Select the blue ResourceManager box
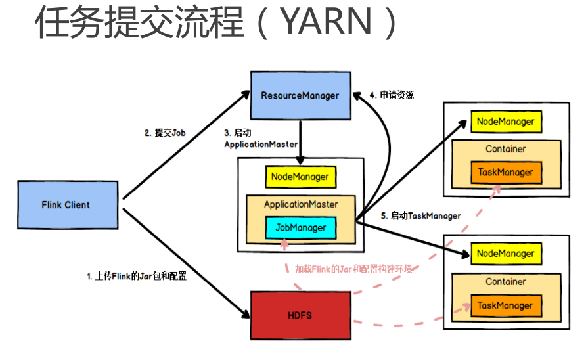click(300, 95)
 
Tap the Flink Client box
click(66, 205)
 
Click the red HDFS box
click(300, 315)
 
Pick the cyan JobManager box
click(300, 228)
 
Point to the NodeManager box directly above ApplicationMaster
click(300, 176)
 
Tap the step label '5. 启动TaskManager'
click(421, 215)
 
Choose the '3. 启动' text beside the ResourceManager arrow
click(238, 132)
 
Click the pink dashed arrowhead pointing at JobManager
click(284, 244)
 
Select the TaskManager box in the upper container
click(506, 173)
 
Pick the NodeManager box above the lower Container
click(505, 254)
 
